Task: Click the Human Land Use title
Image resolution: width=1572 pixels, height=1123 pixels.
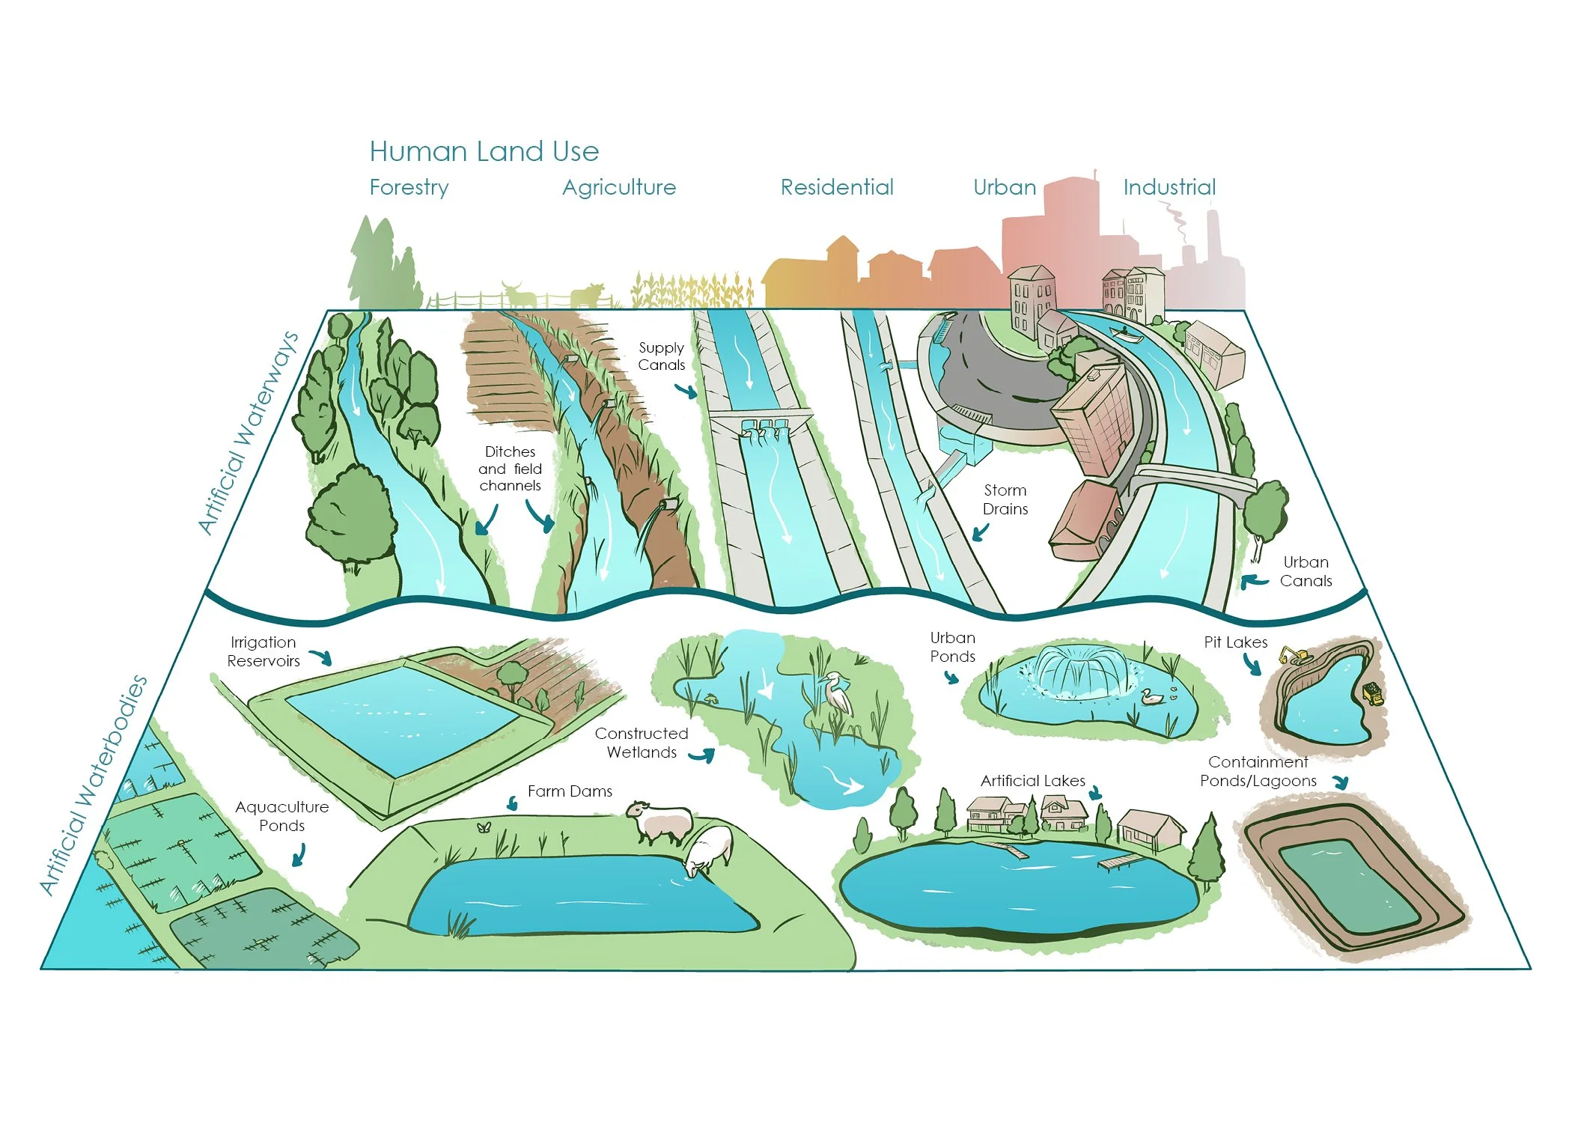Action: point(484,151)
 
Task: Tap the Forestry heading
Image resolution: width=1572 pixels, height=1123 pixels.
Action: point(409,187)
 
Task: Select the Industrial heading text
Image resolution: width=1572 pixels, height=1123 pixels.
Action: point(1169,187)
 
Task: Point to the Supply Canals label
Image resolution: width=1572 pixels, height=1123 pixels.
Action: point(661,356)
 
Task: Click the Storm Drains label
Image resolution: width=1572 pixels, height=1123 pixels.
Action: point(1005,499)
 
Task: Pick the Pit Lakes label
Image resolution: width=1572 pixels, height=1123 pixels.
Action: point(1235,642)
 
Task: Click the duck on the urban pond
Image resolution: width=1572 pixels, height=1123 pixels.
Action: point(1151,697)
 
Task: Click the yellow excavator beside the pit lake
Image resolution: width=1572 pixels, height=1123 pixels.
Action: point(1295,656)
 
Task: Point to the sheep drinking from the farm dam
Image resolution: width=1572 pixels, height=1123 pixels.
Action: point(708,850)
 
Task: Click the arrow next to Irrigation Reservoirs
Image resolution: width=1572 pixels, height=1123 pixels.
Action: point(321,657)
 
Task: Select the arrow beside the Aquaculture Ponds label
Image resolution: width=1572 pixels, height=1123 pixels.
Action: point(299,855)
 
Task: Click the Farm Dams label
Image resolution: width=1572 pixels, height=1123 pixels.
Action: point(570,791)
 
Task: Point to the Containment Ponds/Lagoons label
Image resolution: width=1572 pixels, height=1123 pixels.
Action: point(1258,771)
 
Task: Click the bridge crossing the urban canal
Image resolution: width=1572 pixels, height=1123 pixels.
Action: point(1190,479)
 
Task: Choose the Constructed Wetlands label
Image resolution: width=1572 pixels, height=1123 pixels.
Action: point(642,743)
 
